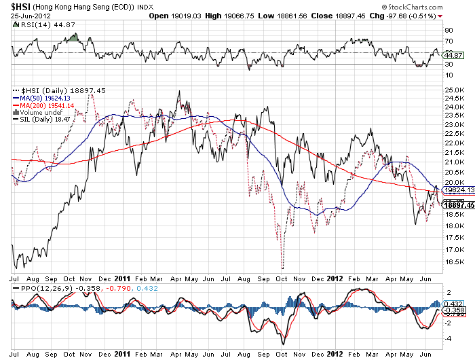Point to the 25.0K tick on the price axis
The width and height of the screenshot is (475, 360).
click(453, 90)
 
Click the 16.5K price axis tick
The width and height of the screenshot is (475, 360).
click(453, 262)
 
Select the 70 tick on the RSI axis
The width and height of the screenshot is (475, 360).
click(449, 41)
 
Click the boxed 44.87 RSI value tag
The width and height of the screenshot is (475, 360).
click(452, 56)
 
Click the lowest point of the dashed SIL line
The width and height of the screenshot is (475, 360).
click(282, 268)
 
